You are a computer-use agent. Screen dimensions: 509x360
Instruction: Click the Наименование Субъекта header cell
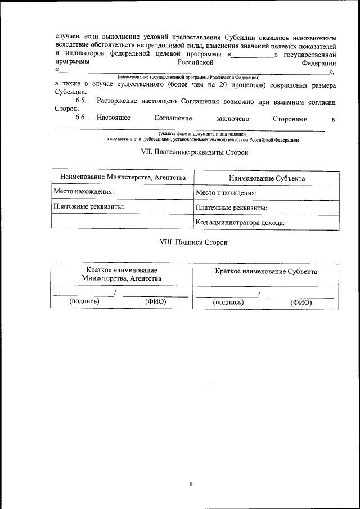(267, 178)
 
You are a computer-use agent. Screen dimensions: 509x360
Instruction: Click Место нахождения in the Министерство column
(84, 192)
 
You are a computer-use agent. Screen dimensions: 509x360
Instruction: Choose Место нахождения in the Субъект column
(226, 193)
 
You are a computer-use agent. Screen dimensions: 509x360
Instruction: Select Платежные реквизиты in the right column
(231, 208)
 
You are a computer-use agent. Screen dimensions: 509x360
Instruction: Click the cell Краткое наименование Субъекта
(265, 271)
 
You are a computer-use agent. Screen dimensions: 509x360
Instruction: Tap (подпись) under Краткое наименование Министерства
(84, 301)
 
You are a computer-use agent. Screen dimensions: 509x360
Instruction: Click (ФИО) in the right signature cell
(301, 302)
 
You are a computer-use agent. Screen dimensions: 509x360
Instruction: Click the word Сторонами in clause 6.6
(290, 118)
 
